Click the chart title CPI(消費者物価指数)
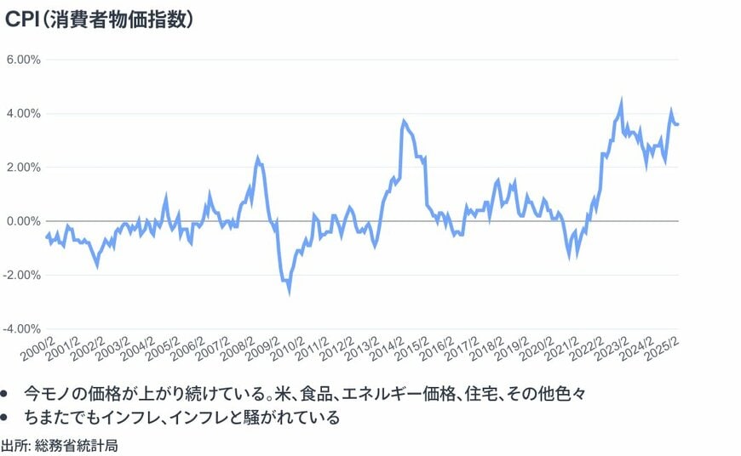(x=100, y=19)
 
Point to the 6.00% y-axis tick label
(x=24, y=60)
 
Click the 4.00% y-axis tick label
(x=24, y=113)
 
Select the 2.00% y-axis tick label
(x=24, y=167)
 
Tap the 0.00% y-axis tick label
(x=24, y=221)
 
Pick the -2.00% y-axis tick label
(x=22, y=275)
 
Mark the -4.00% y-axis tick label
(x=22, y=328)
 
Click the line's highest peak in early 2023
(x=621, y=101)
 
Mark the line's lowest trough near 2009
(x=290, y=292)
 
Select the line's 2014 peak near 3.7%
(x=403, y=122)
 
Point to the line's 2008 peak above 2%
(x=258, y=158)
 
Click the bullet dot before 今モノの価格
(x=6, y=395)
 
